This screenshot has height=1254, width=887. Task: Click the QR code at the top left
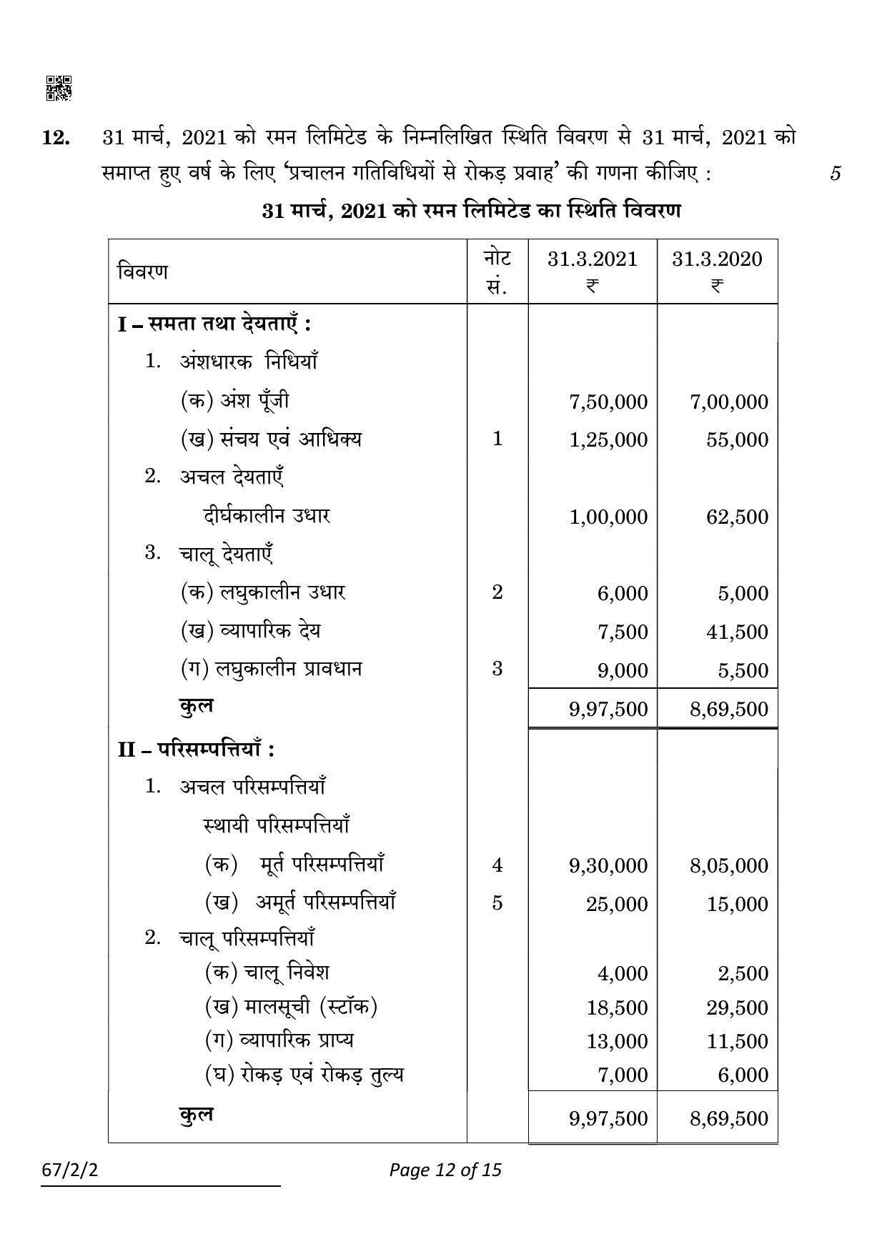(59, 88)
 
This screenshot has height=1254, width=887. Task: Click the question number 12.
(56, 138)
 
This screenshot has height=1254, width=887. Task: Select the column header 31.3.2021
(592, 259)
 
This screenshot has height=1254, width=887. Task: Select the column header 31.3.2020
(717, 259)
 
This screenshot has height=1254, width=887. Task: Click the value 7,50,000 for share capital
(608, 402)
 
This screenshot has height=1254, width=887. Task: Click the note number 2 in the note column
(497, 592)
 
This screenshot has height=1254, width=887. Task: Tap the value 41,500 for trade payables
(737, 632)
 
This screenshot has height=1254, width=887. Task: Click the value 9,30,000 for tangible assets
(608, 865)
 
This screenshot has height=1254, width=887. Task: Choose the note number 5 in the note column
(497, 903)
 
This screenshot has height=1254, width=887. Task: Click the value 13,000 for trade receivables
(617, 1041)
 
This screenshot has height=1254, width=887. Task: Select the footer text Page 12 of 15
(445, 1170)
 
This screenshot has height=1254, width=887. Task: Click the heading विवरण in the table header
(143, 272)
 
